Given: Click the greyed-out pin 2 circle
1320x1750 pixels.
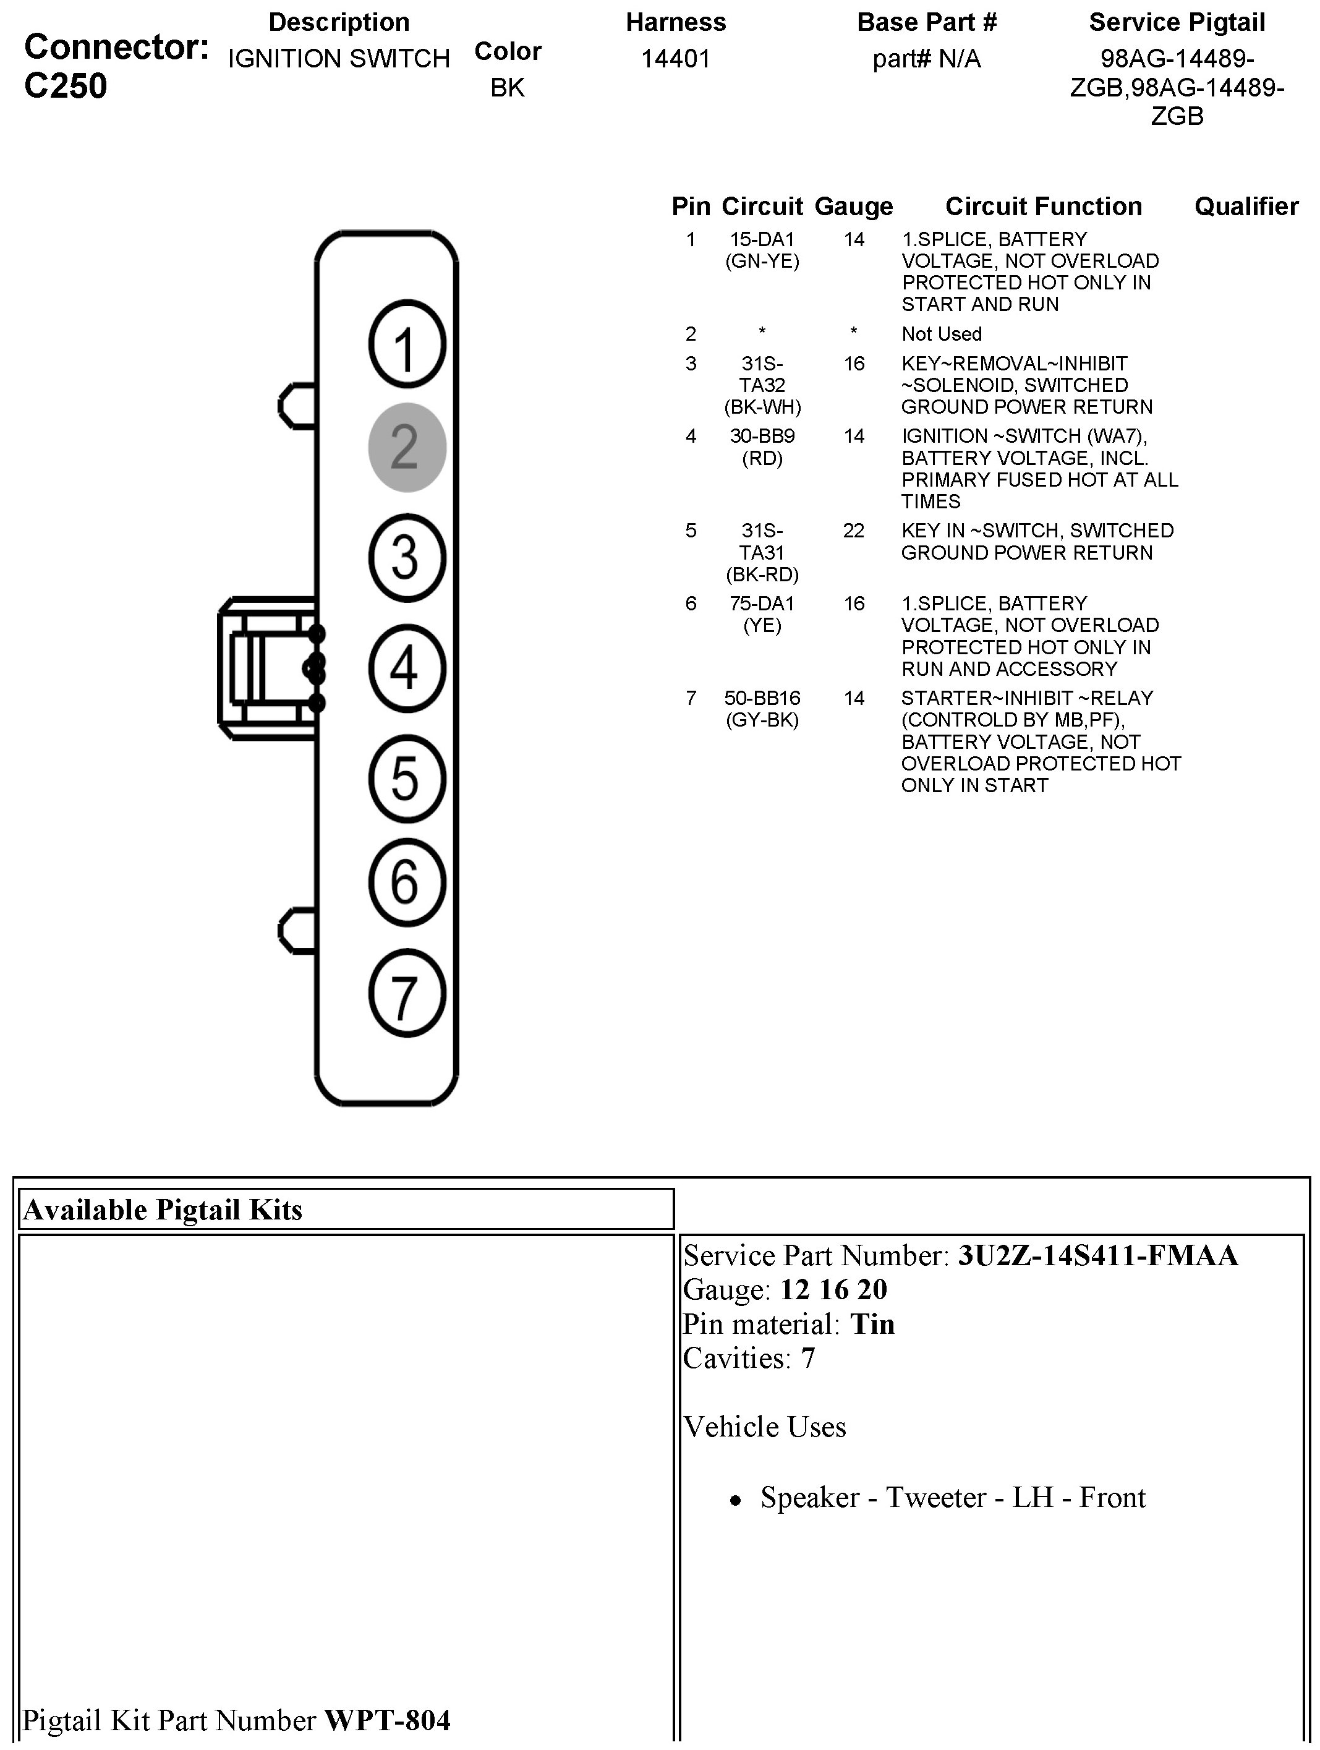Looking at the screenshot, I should [x=407, y=447].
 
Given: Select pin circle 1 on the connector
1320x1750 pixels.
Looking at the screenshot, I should [x=407, y=345].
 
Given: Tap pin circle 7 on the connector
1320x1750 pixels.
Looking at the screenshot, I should [x=407, y=994].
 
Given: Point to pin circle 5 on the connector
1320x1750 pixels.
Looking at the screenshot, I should [x=407, y=779].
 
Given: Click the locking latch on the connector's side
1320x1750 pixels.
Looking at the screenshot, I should [x=267, y=668].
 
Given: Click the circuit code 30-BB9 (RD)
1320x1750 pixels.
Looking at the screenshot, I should [x=762, y=447].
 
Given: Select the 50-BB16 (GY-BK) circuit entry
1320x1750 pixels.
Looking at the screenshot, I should [x=762, y=709].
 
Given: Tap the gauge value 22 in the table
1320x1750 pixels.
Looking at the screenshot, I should [x=853, y=531].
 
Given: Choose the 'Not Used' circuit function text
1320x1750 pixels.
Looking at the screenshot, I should [x=941, y=334].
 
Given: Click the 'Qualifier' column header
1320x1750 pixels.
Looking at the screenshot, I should [x=1246, y=207].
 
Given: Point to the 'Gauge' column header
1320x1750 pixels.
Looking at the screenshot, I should [x=853, y=207].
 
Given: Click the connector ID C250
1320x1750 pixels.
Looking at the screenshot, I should [x=66, y=86].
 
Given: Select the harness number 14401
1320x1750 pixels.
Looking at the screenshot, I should [x=675, y=59].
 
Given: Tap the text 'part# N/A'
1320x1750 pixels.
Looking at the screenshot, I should [x=926, y=59].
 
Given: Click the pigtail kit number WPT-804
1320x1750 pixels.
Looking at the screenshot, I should [x=388, y=1719].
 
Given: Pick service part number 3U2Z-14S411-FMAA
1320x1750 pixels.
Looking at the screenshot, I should [x=1098, y=1255].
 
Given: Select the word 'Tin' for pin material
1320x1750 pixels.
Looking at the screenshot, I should [x=872, y=1325].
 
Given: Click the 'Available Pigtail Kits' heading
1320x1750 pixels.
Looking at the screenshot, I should [x=163, y=1210].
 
